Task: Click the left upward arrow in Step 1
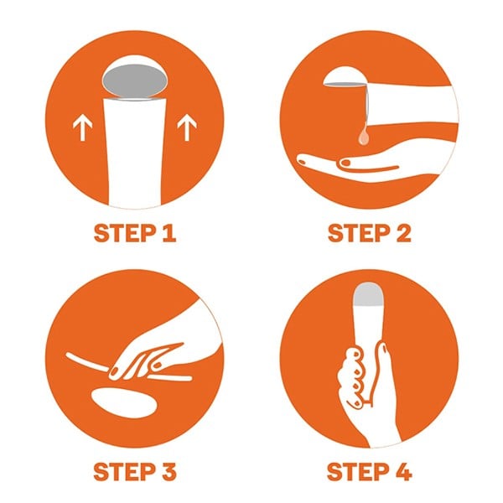coord(82,128)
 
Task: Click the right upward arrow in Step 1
coord(187,127)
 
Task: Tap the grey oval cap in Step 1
coord(134,80)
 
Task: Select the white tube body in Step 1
coord(135,153)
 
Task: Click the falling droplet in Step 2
coord(364,135)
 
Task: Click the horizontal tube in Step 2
coord(412,104)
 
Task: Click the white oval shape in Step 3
coord(124,403)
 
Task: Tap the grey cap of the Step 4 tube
coord(369,293)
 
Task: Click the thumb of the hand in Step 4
coord(382,362)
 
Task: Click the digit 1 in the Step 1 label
coord(169,233)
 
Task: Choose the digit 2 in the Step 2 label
coord(403,233)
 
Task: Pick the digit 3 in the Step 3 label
coord(169,472)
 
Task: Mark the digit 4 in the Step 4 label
coord(403,472)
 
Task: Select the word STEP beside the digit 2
coord(358,233)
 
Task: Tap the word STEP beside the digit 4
coord(358,472)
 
